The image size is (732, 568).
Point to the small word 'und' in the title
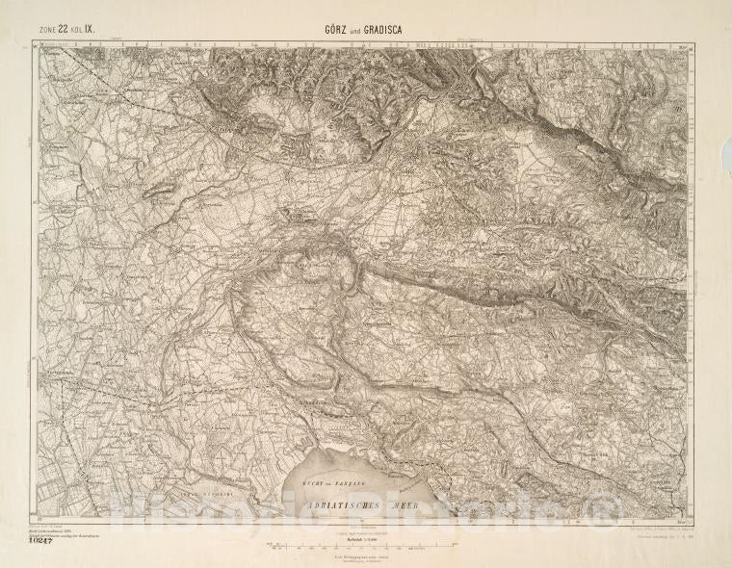click(x=350, y=30)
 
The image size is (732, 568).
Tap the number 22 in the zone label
click(x=65, y=30)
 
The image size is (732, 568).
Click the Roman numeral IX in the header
click(x=90, y=30)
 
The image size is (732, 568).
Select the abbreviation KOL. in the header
click(x=77, y=31)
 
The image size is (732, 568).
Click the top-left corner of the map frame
click(x=39, y=44)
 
